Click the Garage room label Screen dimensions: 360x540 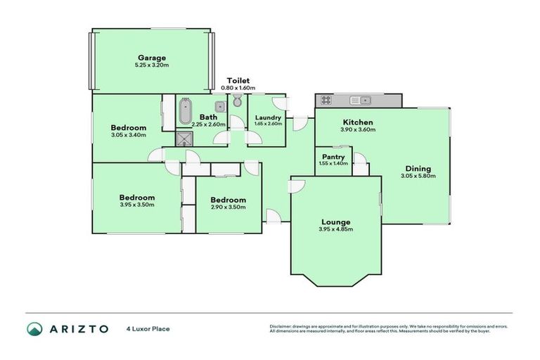(x=151, y=58)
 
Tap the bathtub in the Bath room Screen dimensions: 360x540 (x=184, y=112)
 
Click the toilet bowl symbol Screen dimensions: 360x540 (x=237, y=102)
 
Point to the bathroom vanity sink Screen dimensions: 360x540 (x=220, y=106)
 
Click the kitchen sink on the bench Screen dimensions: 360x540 (x=360, y=100)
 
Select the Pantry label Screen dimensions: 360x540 (x=333, y=156)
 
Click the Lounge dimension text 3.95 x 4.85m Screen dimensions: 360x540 (x=335, y=229)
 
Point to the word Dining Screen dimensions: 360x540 (x=418, y=168)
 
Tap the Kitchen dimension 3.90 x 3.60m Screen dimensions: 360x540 (x=357, y=130)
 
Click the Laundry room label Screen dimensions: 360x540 (x=268, y=117)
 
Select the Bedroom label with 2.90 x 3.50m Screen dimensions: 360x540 (x=229, y=199)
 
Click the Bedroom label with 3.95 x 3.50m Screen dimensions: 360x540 (x=136, y=198)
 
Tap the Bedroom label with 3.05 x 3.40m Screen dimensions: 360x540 (x=128, y=127)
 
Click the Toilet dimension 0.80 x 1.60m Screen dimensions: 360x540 (x=238, y=88)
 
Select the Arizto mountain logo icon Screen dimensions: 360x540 (x=34, y=328)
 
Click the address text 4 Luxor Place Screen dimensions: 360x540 (x=148, y=328)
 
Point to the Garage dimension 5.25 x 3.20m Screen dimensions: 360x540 (x=151, y=65)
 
